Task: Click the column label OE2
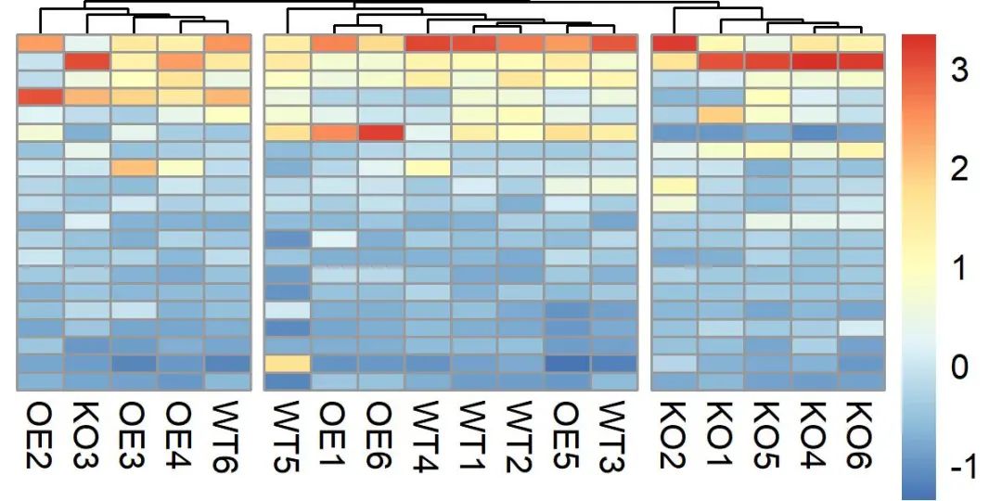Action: [x=41, y=436]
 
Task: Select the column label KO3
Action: [x=87, y=436]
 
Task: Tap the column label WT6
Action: [x=227, y=436]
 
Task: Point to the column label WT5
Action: [x=289, y=436]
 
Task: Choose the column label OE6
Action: [x=381, y=436]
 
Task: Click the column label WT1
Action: [x=475, y=436]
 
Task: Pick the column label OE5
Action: [x=568, y=436]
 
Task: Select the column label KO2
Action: [x=674, y=436]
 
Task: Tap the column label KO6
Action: [x=861, y=436]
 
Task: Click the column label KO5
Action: [x=768, y=436]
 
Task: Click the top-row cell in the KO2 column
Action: [x=674, y=44]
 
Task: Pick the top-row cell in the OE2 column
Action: [x=41, y=44]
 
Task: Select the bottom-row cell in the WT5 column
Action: [x=289, y=381]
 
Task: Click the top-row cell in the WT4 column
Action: [x=428, y=44]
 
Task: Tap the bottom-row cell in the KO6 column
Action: [x=861, y=381]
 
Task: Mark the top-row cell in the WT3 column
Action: [x=614, y=44]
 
